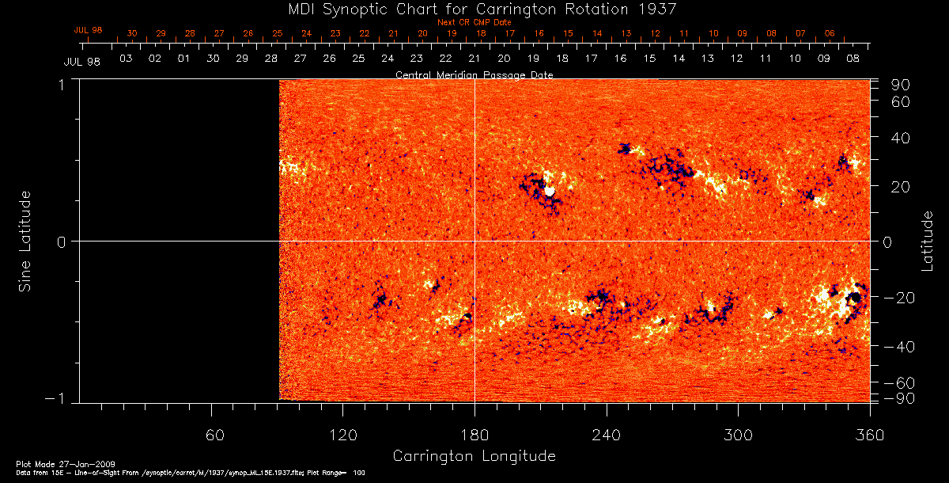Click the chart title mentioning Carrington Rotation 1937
coord(474,9)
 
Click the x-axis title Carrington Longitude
coord(474,456)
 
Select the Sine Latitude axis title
coord(26,241)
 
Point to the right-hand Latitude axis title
coord(927,241)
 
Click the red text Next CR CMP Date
coord(474,22)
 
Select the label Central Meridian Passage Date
coord(474,74)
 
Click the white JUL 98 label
coord(82,62)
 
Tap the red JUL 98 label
coord(89,30)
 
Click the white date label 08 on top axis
coord(853,59)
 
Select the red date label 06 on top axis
coord(829,33)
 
